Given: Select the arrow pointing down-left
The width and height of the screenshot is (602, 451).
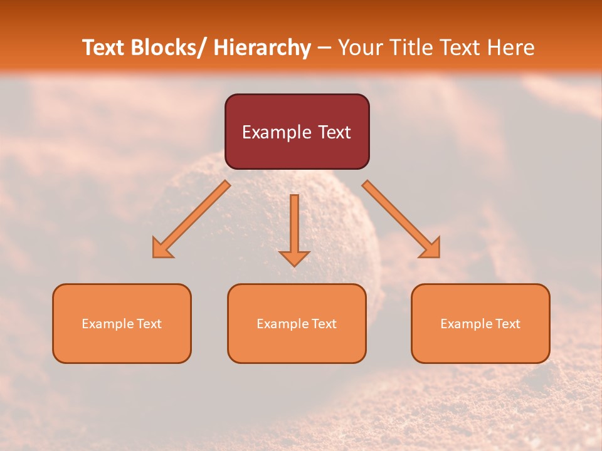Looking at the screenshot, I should point(191,219).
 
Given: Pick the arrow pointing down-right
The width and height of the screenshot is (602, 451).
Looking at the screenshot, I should point(401,219).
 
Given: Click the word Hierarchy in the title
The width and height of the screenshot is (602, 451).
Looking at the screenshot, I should point(262,48).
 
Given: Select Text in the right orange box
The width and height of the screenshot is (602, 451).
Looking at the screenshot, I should point(507,324).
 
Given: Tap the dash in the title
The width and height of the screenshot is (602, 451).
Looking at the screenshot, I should point(324,48).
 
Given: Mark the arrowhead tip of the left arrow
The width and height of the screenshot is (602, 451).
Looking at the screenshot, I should point(154,256).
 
